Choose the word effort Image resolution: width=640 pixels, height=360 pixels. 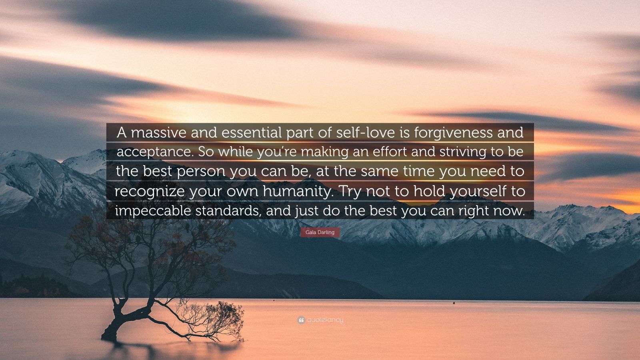(392, 153)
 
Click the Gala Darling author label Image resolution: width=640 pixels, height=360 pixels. (320, 232)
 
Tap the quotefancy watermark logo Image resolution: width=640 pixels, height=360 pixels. (320, 320)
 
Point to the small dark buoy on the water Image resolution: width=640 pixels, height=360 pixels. (453, 303)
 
